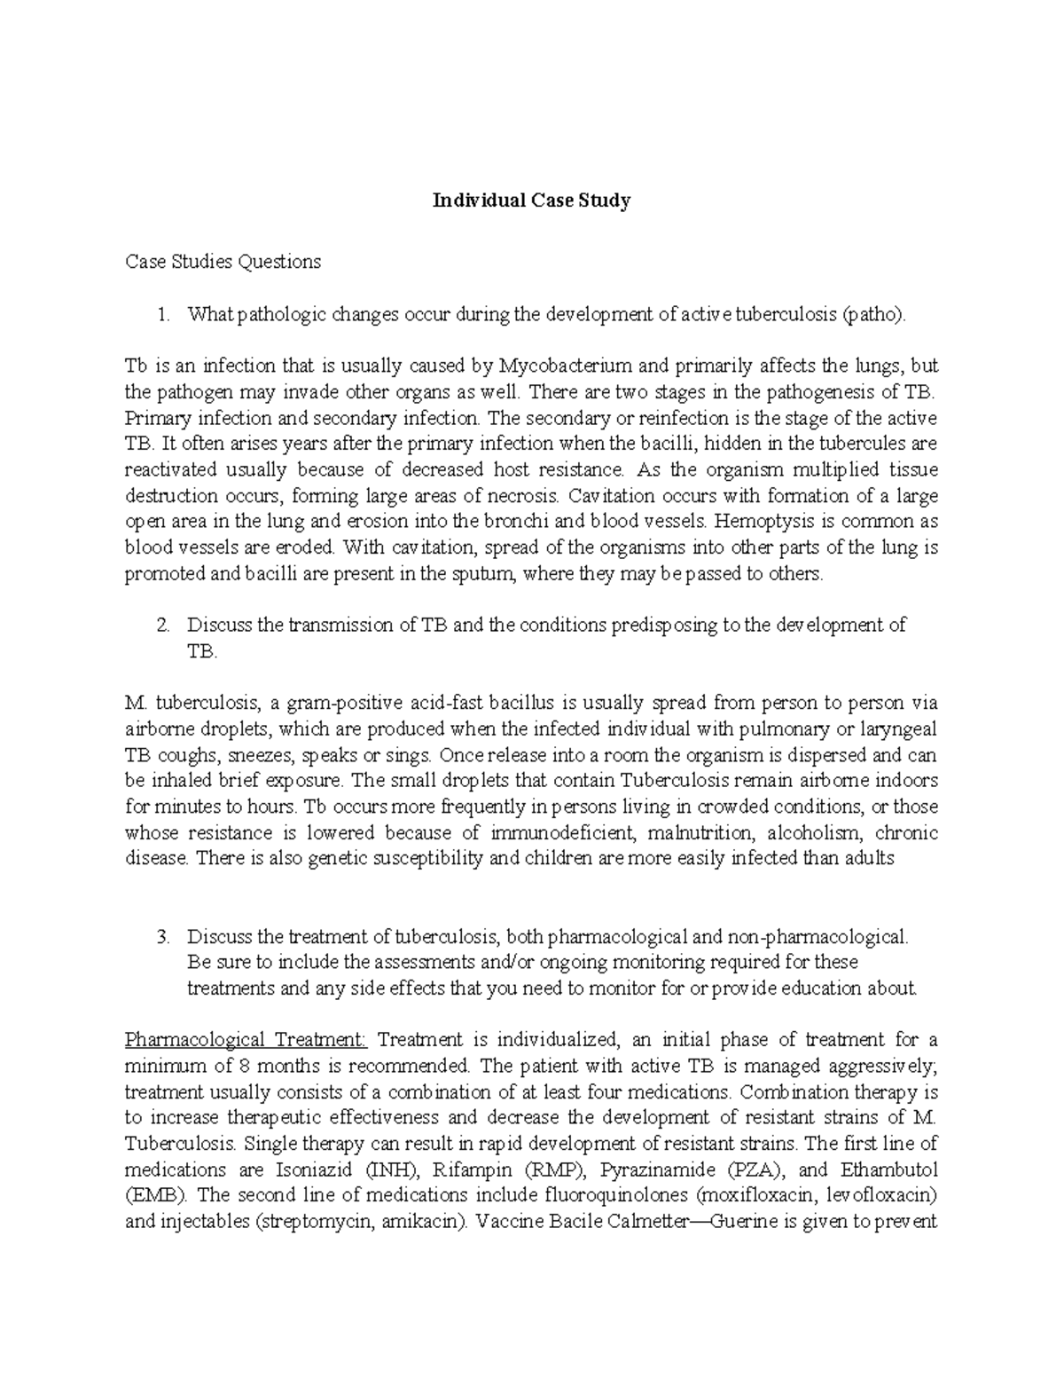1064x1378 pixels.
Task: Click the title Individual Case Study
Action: (x=531, y=201)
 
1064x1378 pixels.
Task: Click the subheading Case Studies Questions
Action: (x=223, y=262)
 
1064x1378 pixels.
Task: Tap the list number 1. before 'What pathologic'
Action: (x=161, y=314)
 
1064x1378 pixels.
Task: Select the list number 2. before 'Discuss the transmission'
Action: (x=161, y=625)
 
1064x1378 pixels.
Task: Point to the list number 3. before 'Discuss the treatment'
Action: (x=161, y=936)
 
